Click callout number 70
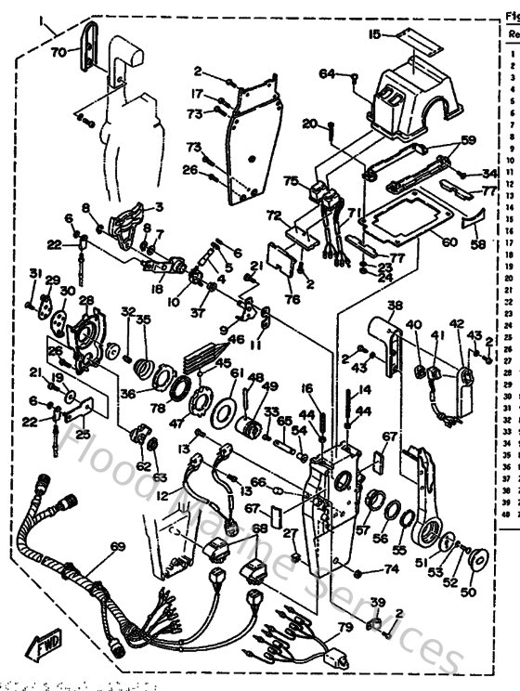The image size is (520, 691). tap(58, 53)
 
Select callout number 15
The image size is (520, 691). tap(374, 35)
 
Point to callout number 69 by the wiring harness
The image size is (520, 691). tap(117, 548)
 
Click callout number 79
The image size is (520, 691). tap(344, 627)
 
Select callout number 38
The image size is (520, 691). tap(395, 306)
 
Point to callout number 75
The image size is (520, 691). tap(291, 181)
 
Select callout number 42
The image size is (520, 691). tap(456, 324)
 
